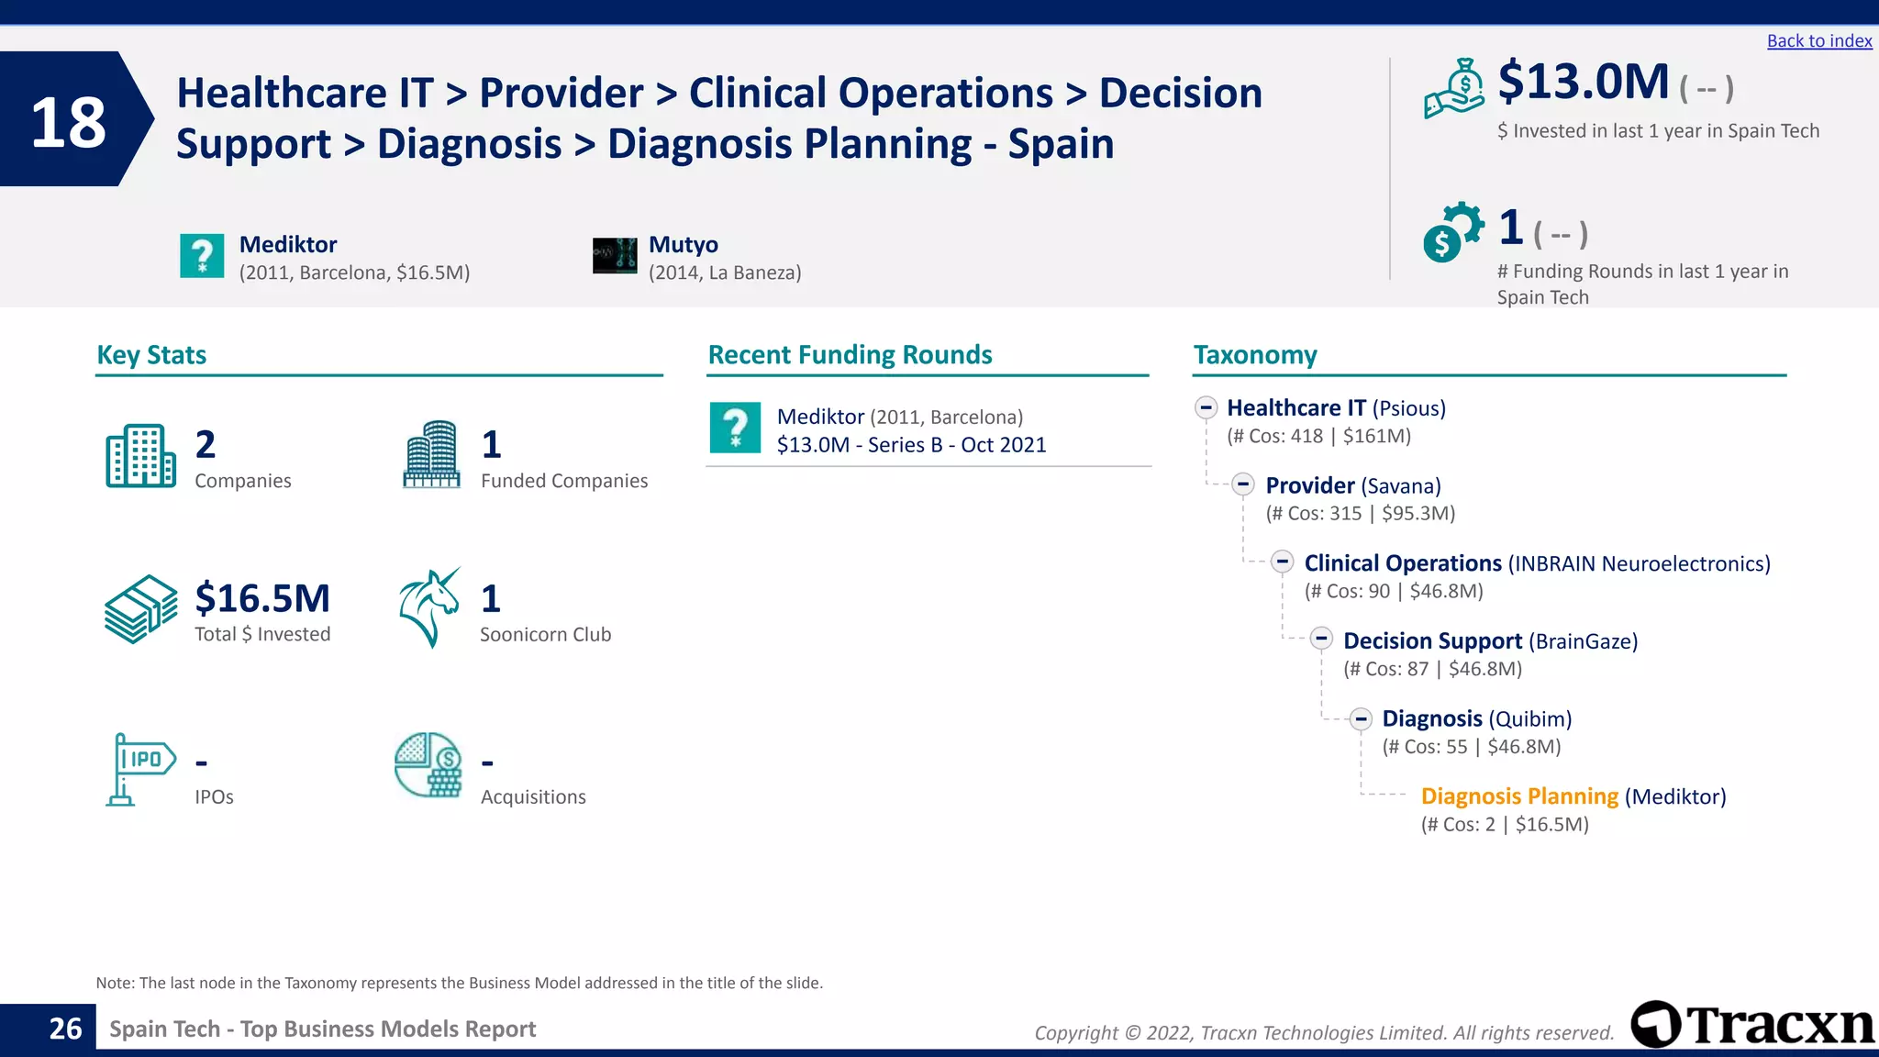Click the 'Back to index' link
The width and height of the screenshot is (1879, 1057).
1818,41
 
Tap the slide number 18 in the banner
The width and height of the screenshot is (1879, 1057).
68,122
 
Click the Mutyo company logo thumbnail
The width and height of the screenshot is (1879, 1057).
615,256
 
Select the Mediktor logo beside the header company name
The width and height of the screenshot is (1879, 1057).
202,256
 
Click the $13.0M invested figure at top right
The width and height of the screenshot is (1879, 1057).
1583,82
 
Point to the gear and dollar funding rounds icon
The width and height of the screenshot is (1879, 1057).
1452,231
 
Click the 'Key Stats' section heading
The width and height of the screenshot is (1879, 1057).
151,355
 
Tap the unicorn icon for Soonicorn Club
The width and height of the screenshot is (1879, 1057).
429,607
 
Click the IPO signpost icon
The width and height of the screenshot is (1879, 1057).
139,769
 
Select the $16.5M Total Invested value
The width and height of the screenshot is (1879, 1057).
262,598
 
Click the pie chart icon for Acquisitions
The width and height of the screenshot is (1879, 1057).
428,764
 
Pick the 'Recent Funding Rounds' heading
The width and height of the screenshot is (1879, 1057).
850,355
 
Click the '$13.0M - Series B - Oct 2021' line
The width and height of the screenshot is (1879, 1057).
911,445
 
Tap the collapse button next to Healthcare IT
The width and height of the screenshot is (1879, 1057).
1206,407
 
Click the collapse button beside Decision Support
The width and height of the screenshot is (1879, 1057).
1321,640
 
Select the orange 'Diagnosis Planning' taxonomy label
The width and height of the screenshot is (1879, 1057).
1519,796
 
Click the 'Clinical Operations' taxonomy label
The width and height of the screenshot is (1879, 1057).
1403,563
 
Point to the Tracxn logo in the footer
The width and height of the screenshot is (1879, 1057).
1752,1024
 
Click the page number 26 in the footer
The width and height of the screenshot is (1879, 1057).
65,1029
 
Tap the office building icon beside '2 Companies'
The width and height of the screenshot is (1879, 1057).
140,456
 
